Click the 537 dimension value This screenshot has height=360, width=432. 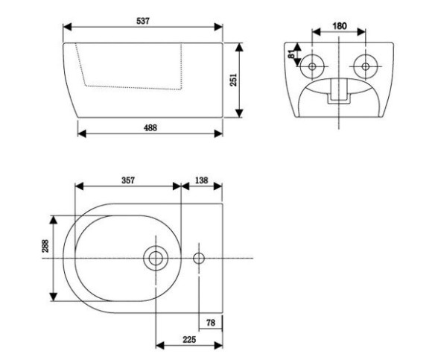143,21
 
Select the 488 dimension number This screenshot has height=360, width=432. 150,127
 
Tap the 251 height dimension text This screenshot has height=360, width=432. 233,80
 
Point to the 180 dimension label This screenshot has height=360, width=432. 339,26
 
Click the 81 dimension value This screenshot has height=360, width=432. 291,54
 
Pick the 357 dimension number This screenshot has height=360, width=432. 128,180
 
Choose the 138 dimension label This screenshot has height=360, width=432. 201,180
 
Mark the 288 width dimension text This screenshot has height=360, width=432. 45,246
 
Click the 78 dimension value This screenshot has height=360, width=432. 211,323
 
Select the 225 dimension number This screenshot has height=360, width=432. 189,340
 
